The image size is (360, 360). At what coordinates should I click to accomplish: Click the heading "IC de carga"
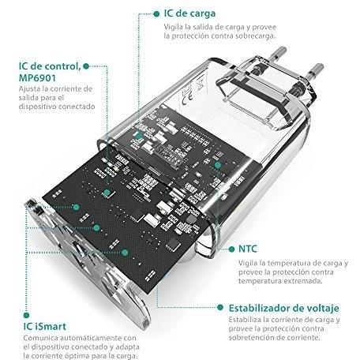click(x=189, y=13)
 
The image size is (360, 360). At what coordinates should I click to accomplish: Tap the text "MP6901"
click(x=37, y=78)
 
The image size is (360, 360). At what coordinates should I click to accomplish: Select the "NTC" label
click(x=248, y=249)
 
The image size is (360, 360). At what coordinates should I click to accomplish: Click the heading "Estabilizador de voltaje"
click(x=283, y=308)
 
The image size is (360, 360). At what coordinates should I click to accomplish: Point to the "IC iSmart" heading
click(x=44, y=327)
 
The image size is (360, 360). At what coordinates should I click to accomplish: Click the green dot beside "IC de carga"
click(x=156, y=14)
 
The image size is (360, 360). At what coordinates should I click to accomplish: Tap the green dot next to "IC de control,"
click(x=86, y=66)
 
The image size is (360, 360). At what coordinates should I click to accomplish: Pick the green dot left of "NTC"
click(x=231, y=249)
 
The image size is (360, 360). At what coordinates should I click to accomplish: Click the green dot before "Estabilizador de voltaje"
click(x=220, y=307)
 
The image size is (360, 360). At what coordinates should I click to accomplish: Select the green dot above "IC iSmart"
click(x=26, y=315)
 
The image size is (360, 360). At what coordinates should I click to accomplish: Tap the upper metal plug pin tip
click(x=281, y=50)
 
